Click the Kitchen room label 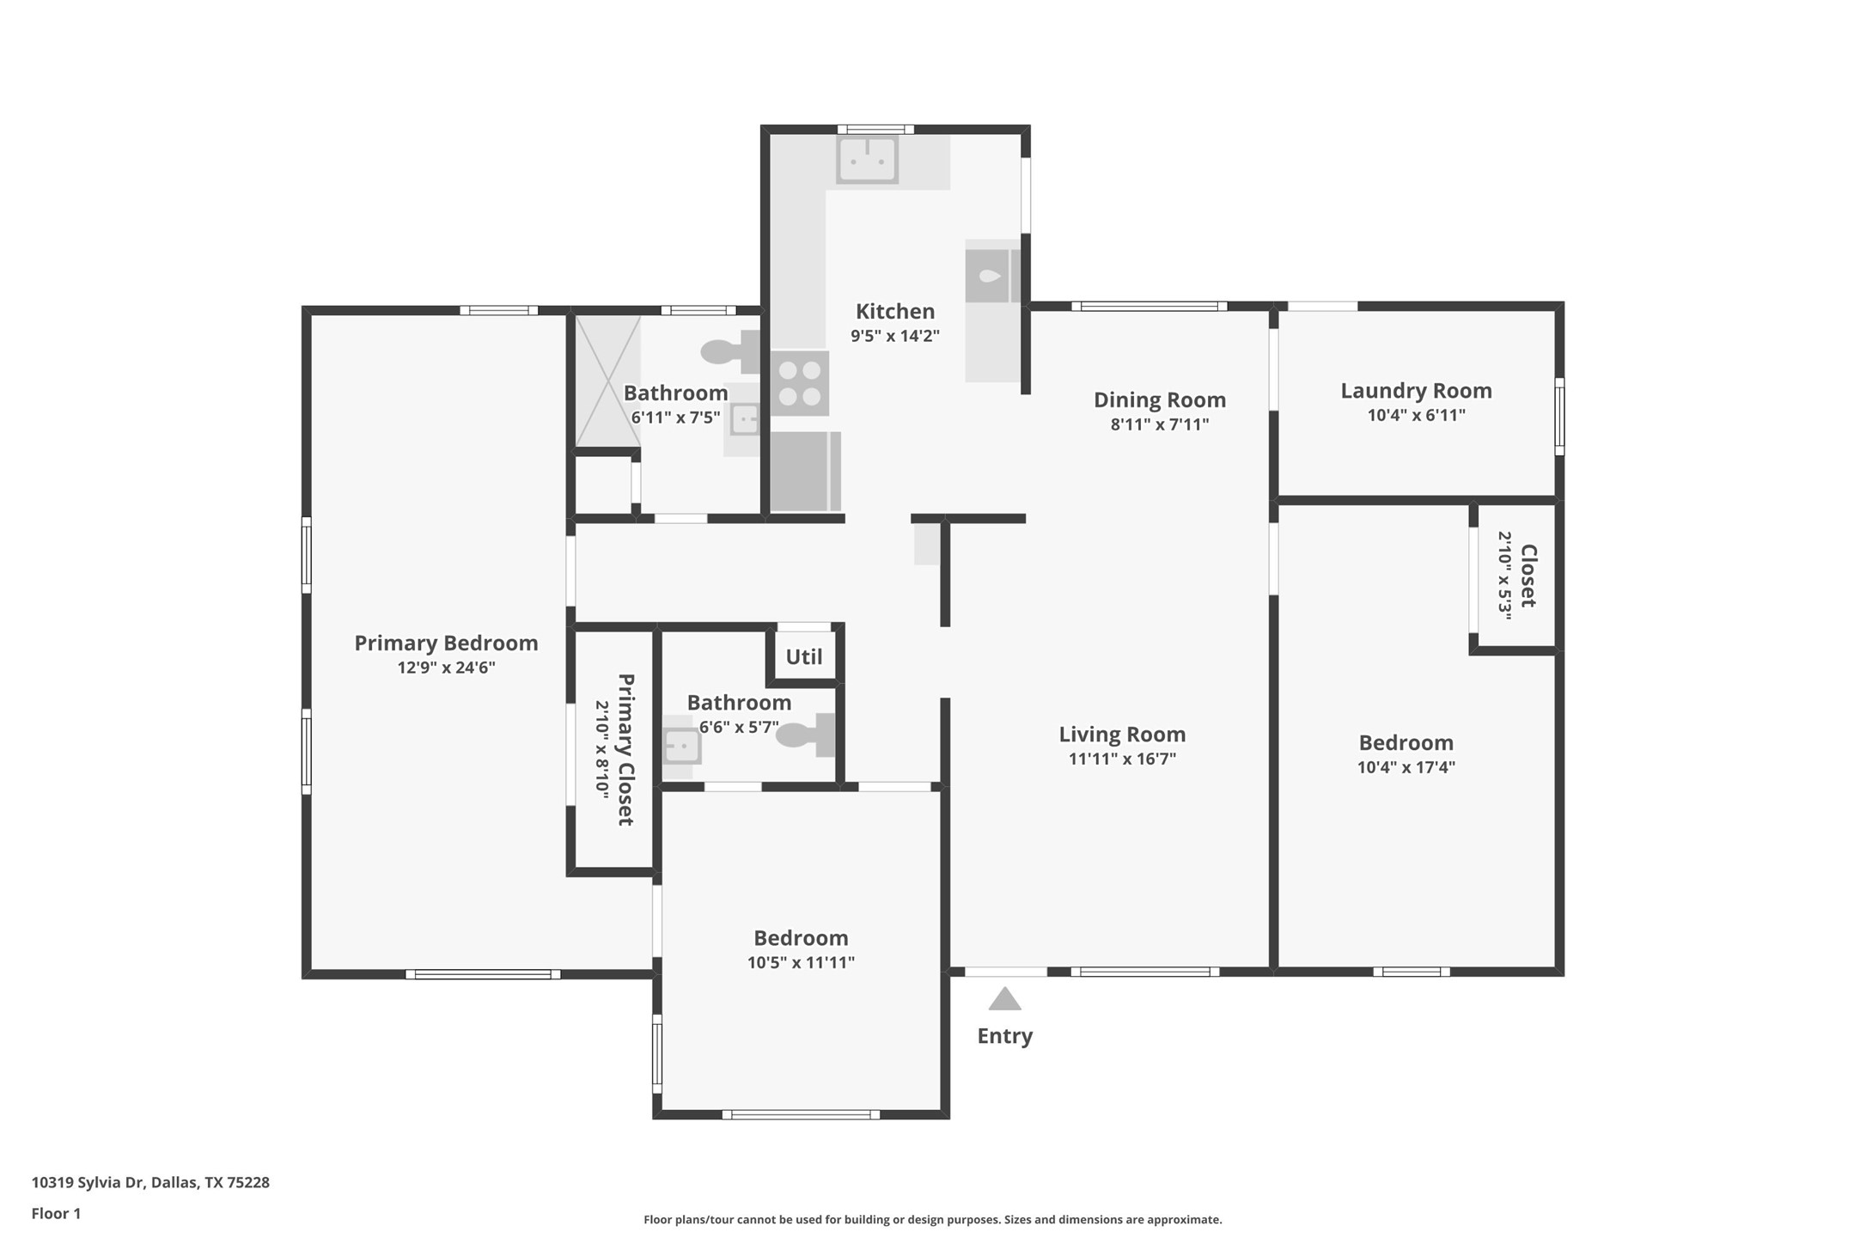coord(894,311)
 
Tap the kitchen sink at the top coord(868,159)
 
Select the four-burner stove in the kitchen coord(799,383)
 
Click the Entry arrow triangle coord(1004,999)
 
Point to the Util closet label coord(803,656)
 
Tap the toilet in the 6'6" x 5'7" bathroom coord(808,735)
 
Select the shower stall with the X coord(607,381)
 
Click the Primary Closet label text coord(625,749)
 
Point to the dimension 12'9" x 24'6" coord(446,668)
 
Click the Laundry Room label coord(1416,391)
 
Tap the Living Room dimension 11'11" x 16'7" coord(1121,759)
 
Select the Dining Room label coord(1159,399)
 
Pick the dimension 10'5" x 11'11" coord(801,962)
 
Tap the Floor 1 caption coord(56,1213)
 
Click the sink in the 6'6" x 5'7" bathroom coord(682,746)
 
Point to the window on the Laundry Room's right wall coord(1558,416)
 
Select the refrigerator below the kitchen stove coord(804,471)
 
